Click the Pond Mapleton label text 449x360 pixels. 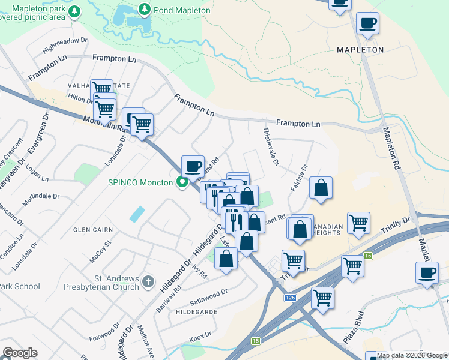(x=182, y=10)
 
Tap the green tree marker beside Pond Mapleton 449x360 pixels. (x=145, y=10)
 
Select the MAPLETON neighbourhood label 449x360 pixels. (x=360, y=50)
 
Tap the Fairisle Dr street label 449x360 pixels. (x=298, y=178)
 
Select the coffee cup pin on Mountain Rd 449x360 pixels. (x=193, y=166)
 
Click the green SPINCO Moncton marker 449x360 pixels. (x=181, y=182)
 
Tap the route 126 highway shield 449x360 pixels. (x=291, y=298)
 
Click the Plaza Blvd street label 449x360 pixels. (x=354, y=326)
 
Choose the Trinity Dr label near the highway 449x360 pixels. (x=395, y=227)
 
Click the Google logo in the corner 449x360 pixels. (x=20, y=353)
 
